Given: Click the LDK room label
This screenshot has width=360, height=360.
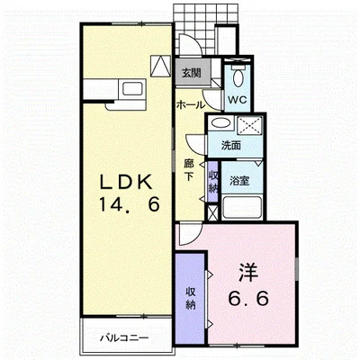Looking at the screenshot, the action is [x=125, y=182].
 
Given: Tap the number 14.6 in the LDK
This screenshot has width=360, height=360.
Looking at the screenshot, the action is [x=129, y=205].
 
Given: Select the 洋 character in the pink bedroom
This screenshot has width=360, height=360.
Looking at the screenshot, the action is [x=248, y=273].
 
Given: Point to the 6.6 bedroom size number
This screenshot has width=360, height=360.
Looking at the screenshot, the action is [x=248, y=298].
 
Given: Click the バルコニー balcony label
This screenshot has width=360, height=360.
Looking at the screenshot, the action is [x=124, y=338].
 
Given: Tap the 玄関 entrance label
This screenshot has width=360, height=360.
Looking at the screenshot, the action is [x=192, y=73].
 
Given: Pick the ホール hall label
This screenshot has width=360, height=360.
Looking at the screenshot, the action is [x=191, y=105].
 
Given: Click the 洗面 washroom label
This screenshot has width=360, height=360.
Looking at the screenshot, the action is [x=231, y=146].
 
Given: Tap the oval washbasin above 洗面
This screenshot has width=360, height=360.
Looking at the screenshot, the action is [x=221, y=122].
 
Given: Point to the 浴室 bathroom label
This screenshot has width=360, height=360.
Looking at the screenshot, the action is [x=239, y=181].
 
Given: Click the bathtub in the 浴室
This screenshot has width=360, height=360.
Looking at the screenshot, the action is [x=242, y=207].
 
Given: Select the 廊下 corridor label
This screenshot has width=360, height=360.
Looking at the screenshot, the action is [x=189, y=170].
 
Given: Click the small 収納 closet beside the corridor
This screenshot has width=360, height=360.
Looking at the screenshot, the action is [x=213, y=182].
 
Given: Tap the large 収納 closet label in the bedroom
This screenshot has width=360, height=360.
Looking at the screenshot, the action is [x=191, y=298].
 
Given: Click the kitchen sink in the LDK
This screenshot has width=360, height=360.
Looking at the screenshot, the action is [x=132, y=89].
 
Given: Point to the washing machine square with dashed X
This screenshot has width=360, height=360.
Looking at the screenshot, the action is [x=249, y=125].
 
